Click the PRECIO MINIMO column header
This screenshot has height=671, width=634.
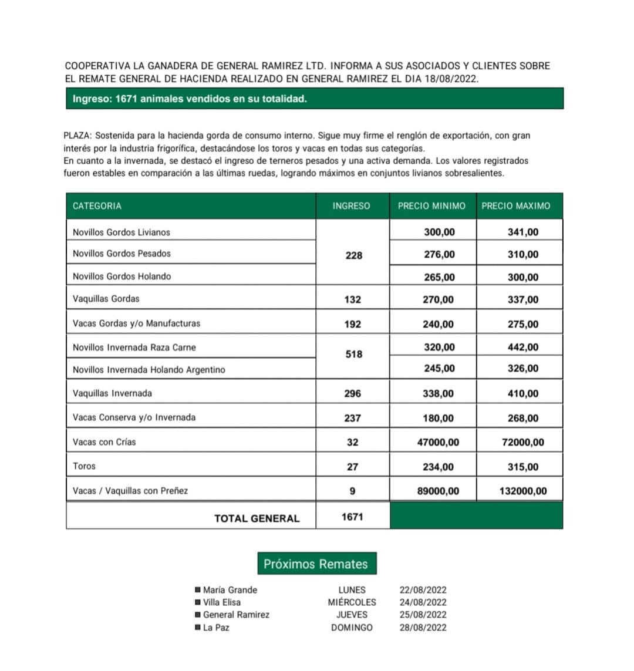coord(431,206)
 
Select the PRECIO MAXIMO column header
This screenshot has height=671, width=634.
coord(516,206)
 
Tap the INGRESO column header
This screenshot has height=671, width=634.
coord(351,206)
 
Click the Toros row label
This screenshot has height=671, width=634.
coord(84,466)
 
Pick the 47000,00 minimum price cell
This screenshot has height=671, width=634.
coord(438,442)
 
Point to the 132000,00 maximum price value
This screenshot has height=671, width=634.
coord(523,491)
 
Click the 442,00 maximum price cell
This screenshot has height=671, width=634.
coord(523,348)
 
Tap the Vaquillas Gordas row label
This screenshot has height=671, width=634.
coord(106,299)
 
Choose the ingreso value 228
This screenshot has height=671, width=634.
coord(354,255)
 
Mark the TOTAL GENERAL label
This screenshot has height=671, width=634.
coord(257,518)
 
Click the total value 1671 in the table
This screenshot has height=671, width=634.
coord(352,517)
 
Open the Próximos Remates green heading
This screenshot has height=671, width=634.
coord(316,564)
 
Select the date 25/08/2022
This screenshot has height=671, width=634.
coord(423,615)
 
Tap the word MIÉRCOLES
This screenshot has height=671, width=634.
coord(352,602)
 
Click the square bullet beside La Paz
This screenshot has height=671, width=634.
coord(197,628)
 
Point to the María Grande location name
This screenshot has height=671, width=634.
coord(230,590)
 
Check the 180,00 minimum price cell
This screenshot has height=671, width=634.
coord(438,419)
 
